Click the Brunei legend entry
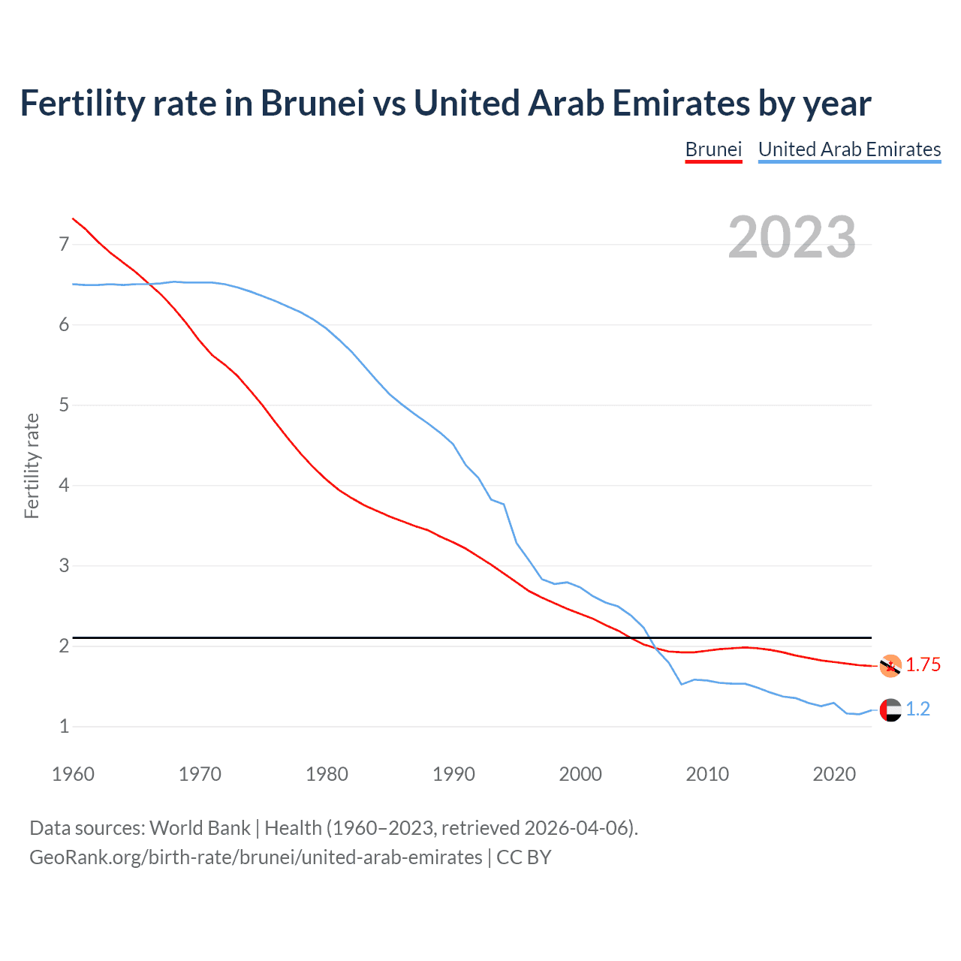coord(713,149)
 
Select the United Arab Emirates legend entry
coord(849,149)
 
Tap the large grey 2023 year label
coord(792,237)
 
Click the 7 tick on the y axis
coord(64,245)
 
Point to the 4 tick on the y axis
coord(64,486)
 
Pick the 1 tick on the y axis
coord(64,727)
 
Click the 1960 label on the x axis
coord(73,774)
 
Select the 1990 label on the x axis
coord(453,774)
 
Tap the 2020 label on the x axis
coord(834,774)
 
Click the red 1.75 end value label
coord(923,665)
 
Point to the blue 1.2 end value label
coord(917,709)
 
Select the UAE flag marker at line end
coord(890,709)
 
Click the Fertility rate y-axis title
coord(32,465)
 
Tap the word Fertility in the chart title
coord(82,104)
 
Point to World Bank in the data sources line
coord(200,828)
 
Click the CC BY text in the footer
coord(524,857)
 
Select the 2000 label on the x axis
coord(580,774)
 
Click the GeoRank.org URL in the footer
coord(255,857)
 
